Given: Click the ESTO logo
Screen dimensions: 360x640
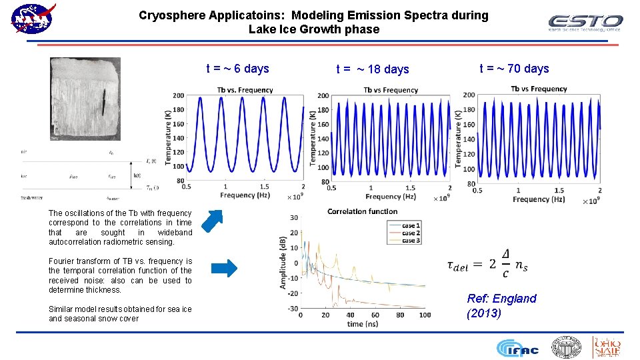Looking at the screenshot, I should click(585, 23).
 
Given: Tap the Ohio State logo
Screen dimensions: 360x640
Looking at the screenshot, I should click(607, 347).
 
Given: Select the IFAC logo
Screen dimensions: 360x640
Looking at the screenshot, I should click(519, 348).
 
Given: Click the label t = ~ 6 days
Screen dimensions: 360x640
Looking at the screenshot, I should click(237, 69).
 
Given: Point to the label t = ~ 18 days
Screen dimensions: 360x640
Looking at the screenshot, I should click(373, 69).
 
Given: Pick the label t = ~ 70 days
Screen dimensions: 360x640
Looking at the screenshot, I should click(514, 69).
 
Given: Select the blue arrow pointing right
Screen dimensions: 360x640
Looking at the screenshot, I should click(223, 269).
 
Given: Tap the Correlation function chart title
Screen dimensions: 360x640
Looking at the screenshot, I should click(362, 211).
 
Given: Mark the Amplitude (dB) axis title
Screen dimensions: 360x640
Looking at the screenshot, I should click(283, 262).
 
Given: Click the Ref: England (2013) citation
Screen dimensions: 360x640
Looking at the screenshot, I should click(501, 305).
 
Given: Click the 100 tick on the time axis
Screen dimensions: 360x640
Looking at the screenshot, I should click(424, 315).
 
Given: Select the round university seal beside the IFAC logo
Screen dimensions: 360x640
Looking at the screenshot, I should click(566, 347).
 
